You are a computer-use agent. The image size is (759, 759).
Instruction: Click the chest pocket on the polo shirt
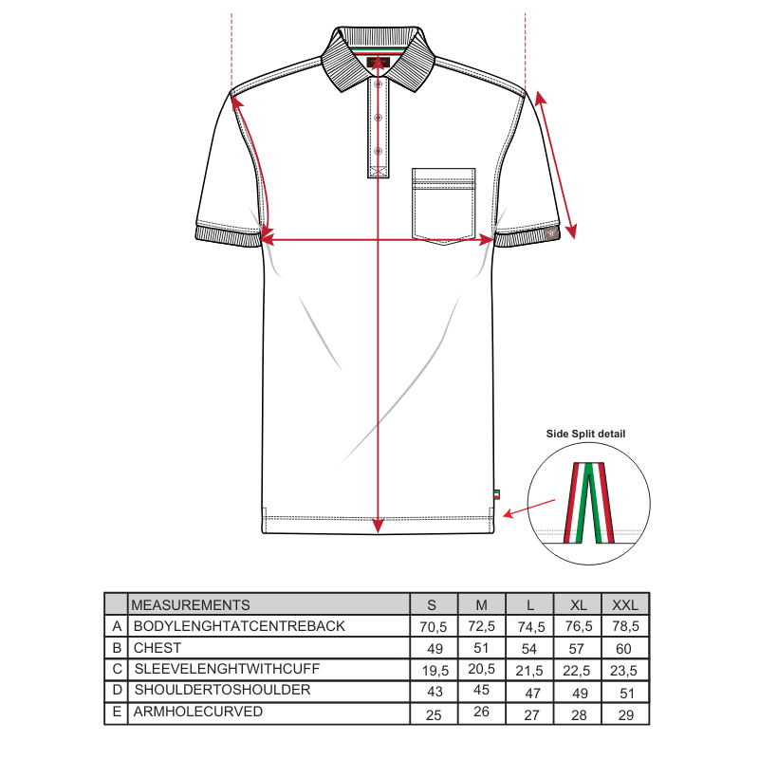pos(443,205)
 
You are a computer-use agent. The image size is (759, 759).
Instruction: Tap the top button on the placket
pos(378,85)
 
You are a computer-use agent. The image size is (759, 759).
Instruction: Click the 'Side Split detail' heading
pos(585,434)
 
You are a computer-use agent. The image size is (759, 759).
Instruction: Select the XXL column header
pos(624,604)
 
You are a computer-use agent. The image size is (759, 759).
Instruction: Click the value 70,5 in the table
pos(432,626)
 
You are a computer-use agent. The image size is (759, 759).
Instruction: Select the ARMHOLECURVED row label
pos(196,712)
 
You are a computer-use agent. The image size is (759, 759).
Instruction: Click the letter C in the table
pos(117,669)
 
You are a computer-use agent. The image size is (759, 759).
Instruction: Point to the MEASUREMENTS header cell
pos(191,604)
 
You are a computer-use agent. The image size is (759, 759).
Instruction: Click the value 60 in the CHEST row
pos(624,648)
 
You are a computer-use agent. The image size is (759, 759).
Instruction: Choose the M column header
pos(481,604)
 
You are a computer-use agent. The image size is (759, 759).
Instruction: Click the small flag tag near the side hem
pos(496,493)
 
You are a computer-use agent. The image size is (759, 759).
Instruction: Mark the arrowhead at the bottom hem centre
pos(378,524)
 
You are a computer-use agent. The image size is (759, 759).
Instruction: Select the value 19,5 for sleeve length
pos(432,670)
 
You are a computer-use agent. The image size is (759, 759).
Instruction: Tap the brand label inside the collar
pos(378,64)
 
